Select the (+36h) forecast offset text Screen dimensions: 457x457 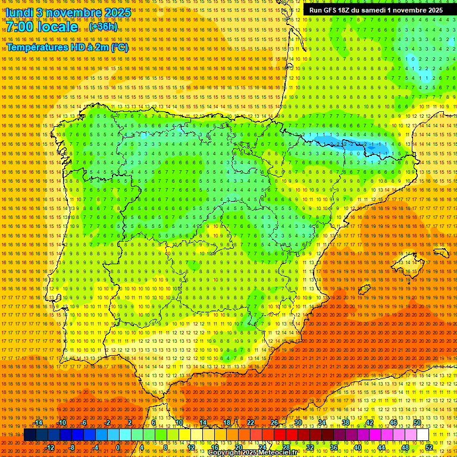[x=103, y=27]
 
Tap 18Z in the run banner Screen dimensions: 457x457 [x=351, y=10]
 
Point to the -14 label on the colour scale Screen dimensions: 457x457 [x=39, y=422]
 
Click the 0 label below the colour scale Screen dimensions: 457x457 [x=118, y=447]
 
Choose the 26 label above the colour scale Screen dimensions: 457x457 [x=274, y=422]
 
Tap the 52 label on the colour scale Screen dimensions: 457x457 [x=428, y=447]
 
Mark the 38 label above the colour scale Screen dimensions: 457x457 [x=345, y=422]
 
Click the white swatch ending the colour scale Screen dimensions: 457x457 [x=422, y=435]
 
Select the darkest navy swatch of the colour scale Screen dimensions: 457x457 [x=30, y=435]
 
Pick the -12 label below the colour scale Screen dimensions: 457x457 [x=51, y=447]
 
